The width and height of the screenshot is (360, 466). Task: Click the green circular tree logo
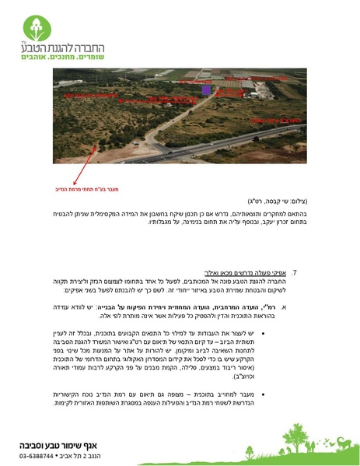pos(36,29)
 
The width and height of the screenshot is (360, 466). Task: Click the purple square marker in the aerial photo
pos(206,91)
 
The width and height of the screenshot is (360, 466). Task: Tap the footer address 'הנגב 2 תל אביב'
pos(96,457)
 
